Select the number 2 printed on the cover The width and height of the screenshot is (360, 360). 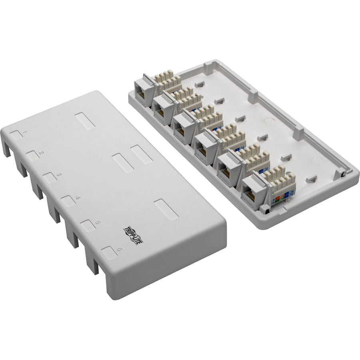click(x=42, y=153)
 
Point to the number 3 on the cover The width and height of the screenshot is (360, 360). click(x=58, y=175)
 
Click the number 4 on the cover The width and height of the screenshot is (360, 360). click(x=77, y=198)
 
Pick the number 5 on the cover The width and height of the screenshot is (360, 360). click(x=98, y=222)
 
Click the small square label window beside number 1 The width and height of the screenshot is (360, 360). click(x=16, y=135)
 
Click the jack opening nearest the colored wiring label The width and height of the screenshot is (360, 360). click(x=251, y=196)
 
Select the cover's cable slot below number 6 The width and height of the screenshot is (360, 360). click(x=92, y=266)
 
